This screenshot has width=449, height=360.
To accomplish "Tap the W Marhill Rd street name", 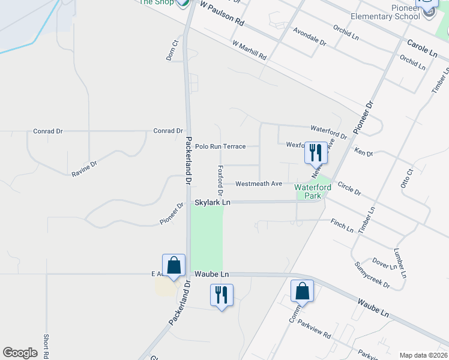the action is click(x=249, y=50).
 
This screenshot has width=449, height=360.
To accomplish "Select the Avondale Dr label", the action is click(x=309, y=37).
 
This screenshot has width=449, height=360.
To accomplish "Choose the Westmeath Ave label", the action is click(x=258, y=184).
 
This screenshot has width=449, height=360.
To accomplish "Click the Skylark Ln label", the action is click(x=212, y=203).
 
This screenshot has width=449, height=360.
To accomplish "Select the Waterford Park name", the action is click(x=313, y=191).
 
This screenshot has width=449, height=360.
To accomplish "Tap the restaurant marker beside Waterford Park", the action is click(x=316, y=153).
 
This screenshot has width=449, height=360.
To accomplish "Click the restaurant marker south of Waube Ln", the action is click(x=221, y=296).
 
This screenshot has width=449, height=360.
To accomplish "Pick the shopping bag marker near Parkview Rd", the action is click(x=302, y=292).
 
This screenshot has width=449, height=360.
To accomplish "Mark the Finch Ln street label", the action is click(x=342, y=226).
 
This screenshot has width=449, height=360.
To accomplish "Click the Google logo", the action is click(x=20, y=353).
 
